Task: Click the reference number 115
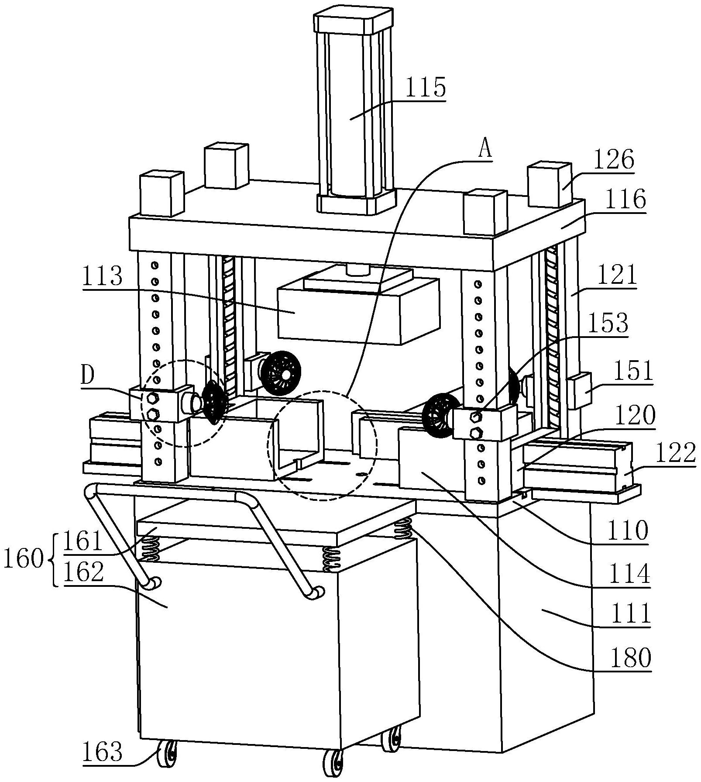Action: tap(426, 87)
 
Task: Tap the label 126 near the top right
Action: tap(613, 160)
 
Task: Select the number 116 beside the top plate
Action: tap(625, 200)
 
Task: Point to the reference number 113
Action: tap(103, 276)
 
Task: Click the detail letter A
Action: tap(485, 150)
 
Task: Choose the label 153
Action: tap(608, 324)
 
